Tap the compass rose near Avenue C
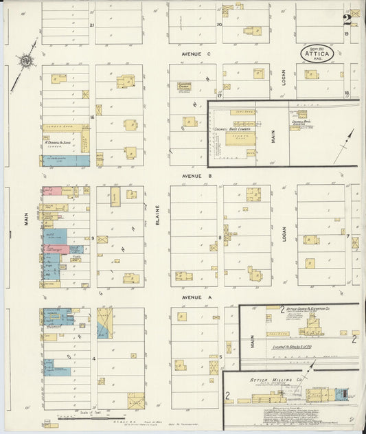[27, 62]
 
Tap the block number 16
[91, 117]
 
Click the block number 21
[91, 25]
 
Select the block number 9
[92, 238]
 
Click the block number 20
[219, 25]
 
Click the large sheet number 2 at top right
[348, 19]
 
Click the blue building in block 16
[66, 159]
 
